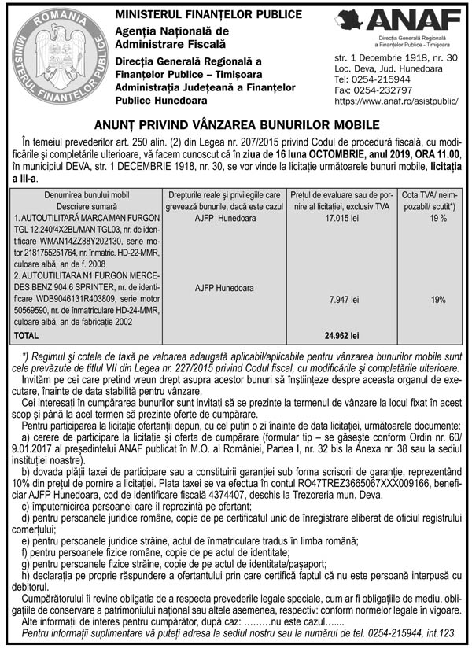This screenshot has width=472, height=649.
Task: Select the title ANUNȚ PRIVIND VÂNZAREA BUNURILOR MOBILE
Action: coord(236,124)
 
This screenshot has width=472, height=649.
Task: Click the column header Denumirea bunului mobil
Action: coord(86,194)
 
